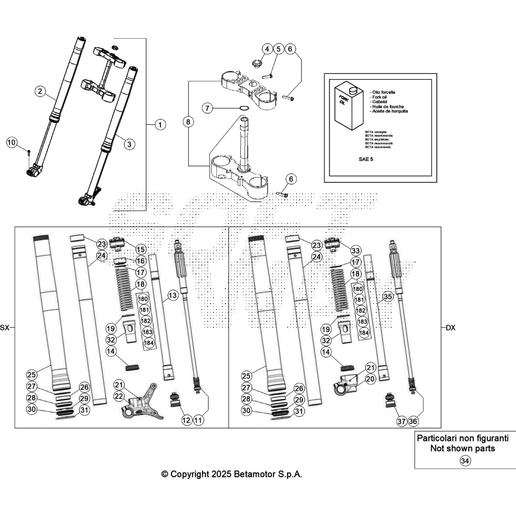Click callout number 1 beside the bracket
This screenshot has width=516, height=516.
coord(160,124)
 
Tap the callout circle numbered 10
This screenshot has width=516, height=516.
coord(11,142)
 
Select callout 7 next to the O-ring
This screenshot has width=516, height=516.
coord(207,108)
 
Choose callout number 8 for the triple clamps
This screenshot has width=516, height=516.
coord(188,122)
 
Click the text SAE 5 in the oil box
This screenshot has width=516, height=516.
coord(366,159)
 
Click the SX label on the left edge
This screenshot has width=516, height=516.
coord(5,328)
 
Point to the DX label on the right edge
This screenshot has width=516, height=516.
coord(451,328)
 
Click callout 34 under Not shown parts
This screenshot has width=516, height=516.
coord(465,461)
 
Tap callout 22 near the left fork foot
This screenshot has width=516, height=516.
coord(119,396)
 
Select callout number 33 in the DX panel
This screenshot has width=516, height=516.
coord(355,251)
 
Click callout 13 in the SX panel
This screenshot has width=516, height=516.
coord(173,295)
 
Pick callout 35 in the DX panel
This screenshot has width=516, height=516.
coord(388,296)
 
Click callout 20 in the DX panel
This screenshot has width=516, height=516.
coord(371,379)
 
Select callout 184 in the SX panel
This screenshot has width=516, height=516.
coord(149,343)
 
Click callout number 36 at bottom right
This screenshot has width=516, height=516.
coord(413,421)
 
